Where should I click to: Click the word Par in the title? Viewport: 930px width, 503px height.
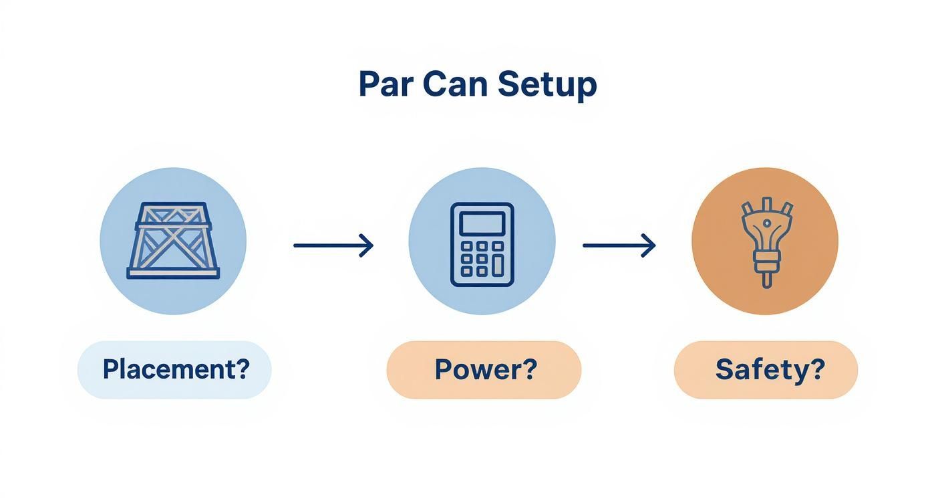point(385,85)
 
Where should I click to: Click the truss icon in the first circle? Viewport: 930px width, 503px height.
point(173,241)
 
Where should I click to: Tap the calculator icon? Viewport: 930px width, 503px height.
point(482,244)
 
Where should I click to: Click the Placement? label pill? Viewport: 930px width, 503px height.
point(174,369)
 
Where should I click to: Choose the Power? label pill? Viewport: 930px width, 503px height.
point(484,369)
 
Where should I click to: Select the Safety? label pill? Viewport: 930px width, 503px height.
point(766,369)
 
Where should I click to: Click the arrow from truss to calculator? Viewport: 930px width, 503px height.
point(333,245)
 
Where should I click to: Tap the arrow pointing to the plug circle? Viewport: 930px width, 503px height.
point(619,245)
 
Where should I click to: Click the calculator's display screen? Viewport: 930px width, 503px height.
point(482,223)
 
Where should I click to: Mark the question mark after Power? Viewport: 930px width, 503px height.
point(529,369)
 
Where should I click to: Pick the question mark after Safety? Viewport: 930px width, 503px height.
point(818,369)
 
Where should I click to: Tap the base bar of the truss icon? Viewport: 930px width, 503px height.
point(173,274)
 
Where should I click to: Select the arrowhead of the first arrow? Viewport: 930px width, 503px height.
point(366,245)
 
